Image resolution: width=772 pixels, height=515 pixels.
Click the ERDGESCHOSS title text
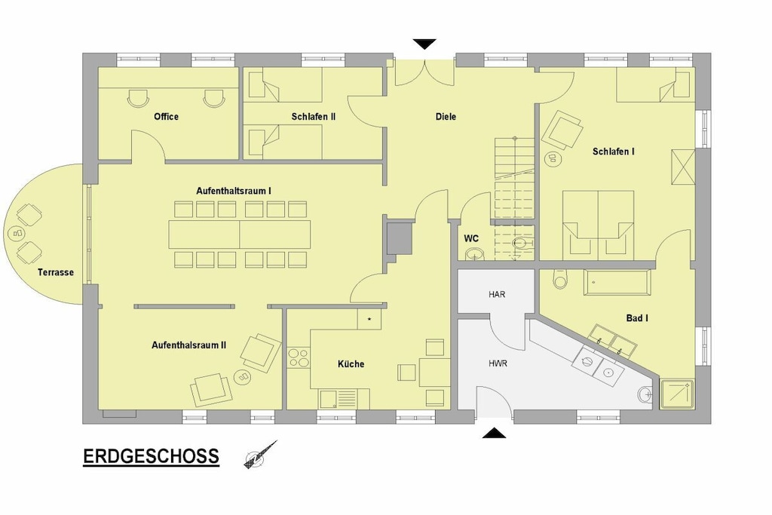click(x=151, y=456)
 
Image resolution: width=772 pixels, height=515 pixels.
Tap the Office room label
click(x=166, y=117)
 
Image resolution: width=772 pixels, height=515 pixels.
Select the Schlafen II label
click(x=313, y=117)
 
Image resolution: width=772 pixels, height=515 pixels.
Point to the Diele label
click(x=446, y=117)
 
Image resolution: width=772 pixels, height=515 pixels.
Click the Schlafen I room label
click(x=614, y=152)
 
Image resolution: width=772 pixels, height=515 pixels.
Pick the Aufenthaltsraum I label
click(x=234, y=191)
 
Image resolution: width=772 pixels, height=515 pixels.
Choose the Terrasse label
click(x=56, y=272)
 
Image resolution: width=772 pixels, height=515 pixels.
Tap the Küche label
click(x=351, y=364)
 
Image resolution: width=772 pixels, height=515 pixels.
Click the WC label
click(x=471, y=239)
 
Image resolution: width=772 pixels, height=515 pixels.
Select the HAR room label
click(x=497, y=294)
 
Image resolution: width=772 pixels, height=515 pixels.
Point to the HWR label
click(x=498, y=364)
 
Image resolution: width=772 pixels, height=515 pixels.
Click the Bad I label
click(x=637, y=318)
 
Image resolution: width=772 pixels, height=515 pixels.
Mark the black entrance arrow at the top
click(x=424, y=44)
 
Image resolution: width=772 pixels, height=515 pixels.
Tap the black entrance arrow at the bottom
click(x=494, y=434)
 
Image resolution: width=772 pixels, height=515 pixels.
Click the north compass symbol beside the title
click(x=260, y=455)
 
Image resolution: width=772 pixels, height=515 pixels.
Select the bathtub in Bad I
click(x=617, y=283)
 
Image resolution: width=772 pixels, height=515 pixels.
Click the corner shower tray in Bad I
click(x=677, y=394)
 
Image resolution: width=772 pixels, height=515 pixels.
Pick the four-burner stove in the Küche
click(x=298, y=358)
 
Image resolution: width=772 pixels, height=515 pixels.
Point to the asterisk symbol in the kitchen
click(x=369, y=319)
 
